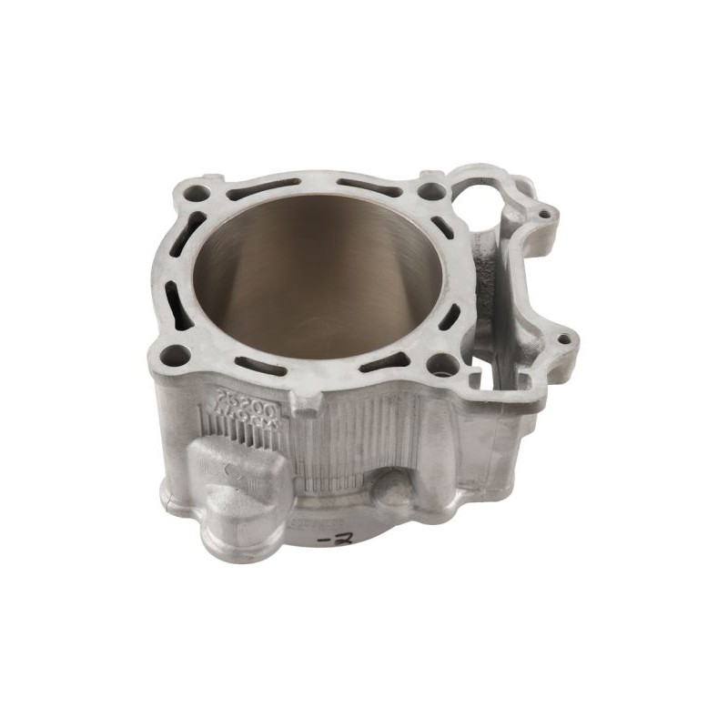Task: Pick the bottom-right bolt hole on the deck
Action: [443, 365]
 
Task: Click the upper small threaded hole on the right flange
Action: [543, 215]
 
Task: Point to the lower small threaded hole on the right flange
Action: [566, 339]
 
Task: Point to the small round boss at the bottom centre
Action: [393, 491]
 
